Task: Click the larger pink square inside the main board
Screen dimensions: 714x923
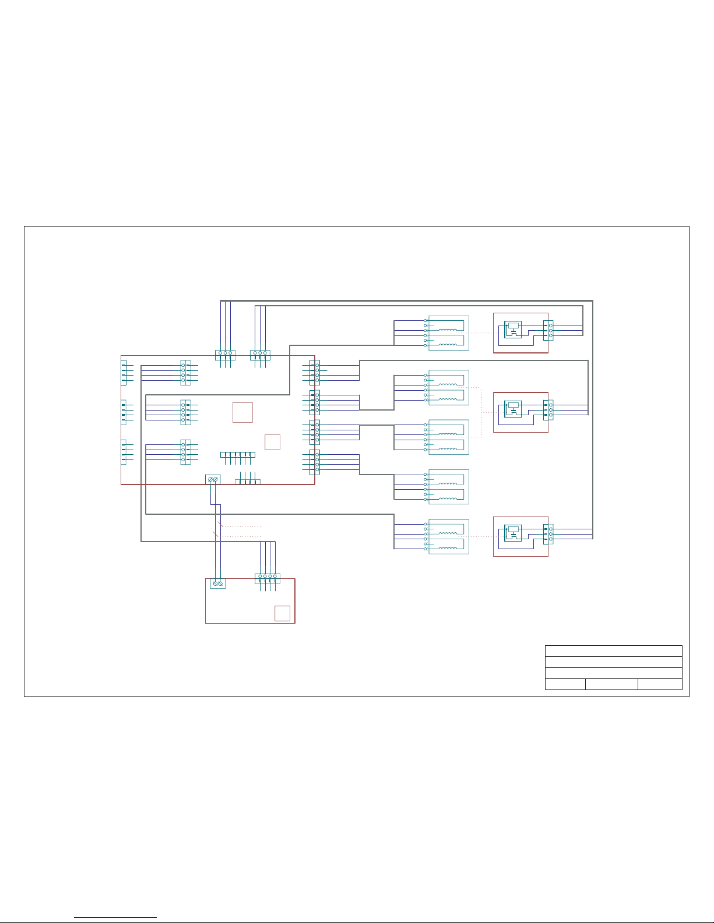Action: click(x=242, y=412)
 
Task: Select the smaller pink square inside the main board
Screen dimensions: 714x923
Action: click(x=272, y=442)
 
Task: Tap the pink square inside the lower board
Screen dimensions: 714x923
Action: click(x=282, y=613)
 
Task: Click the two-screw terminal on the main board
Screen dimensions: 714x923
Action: click(x=213, y=479)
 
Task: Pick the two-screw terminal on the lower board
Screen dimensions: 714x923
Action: click(x=217, y=583)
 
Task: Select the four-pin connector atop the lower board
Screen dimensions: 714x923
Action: click(x=268, y=578)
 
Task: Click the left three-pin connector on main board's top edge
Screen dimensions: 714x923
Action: click(x=225, y=355)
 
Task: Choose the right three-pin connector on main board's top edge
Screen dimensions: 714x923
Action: click(x=260, y=355)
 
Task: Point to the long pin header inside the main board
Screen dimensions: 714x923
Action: click(x=238, y=454)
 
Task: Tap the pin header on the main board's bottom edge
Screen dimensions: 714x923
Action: click(x=248, y=482)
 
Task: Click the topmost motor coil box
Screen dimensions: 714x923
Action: click(x=448, y=333)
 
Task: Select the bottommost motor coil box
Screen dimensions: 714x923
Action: click(x=448, y=536)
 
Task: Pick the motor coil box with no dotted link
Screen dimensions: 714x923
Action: click(x=448, y=487)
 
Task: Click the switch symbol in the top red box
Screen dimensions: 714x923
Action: click(x=513, y=330)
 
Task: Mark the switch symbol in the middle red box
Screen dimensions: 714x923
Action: click(x=513, y=409)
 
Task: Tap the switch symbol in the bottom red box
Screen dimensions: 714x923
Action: click(x=513, y=533)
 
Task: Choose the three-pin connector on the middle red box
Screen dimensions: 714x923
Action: click(x=548, y=410)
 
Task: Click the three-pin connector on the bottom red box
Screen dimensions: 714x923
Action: click(x=548, y=534)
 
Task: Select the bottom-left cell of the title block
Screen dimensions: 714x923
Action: click(x=565, y=684)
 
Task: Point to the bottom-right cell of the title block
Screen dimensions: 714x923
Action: click(x=660, y=684)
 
